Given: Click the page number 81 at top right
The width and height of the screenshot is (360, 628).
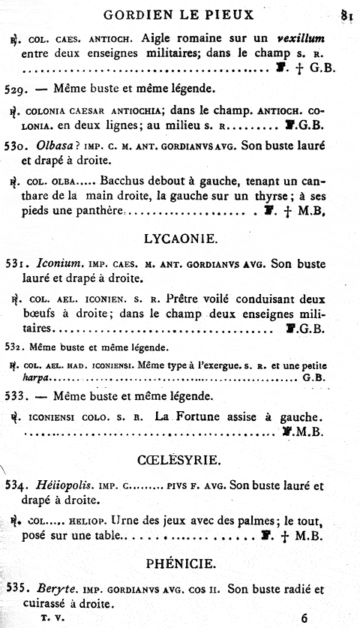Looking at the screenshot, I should [346, 14].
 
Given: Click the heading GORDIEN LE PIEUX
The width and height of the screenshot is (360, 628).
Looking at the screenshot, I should [179, 14].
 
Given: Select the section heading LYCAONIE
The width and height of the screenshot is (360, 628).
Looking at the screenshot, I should [179, 239].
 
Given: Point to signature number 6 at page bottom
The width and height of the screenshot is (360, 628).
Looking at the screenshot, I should [304, 618].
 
